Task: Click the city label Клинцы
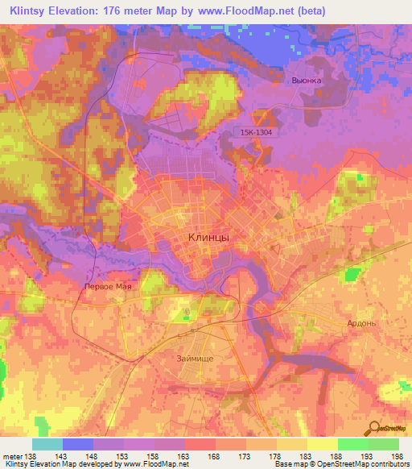tap(208, 237)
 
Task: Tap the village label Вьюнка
tap(307, 81)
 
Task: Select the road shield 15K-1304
tap(257, 133)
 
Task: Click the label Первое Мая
tap(108, 286)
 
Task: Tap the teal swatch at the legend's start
tap(47, 444)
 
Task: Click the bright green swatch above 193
tap(353, 444)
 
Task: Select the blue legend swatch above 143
tap(78, 444)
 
